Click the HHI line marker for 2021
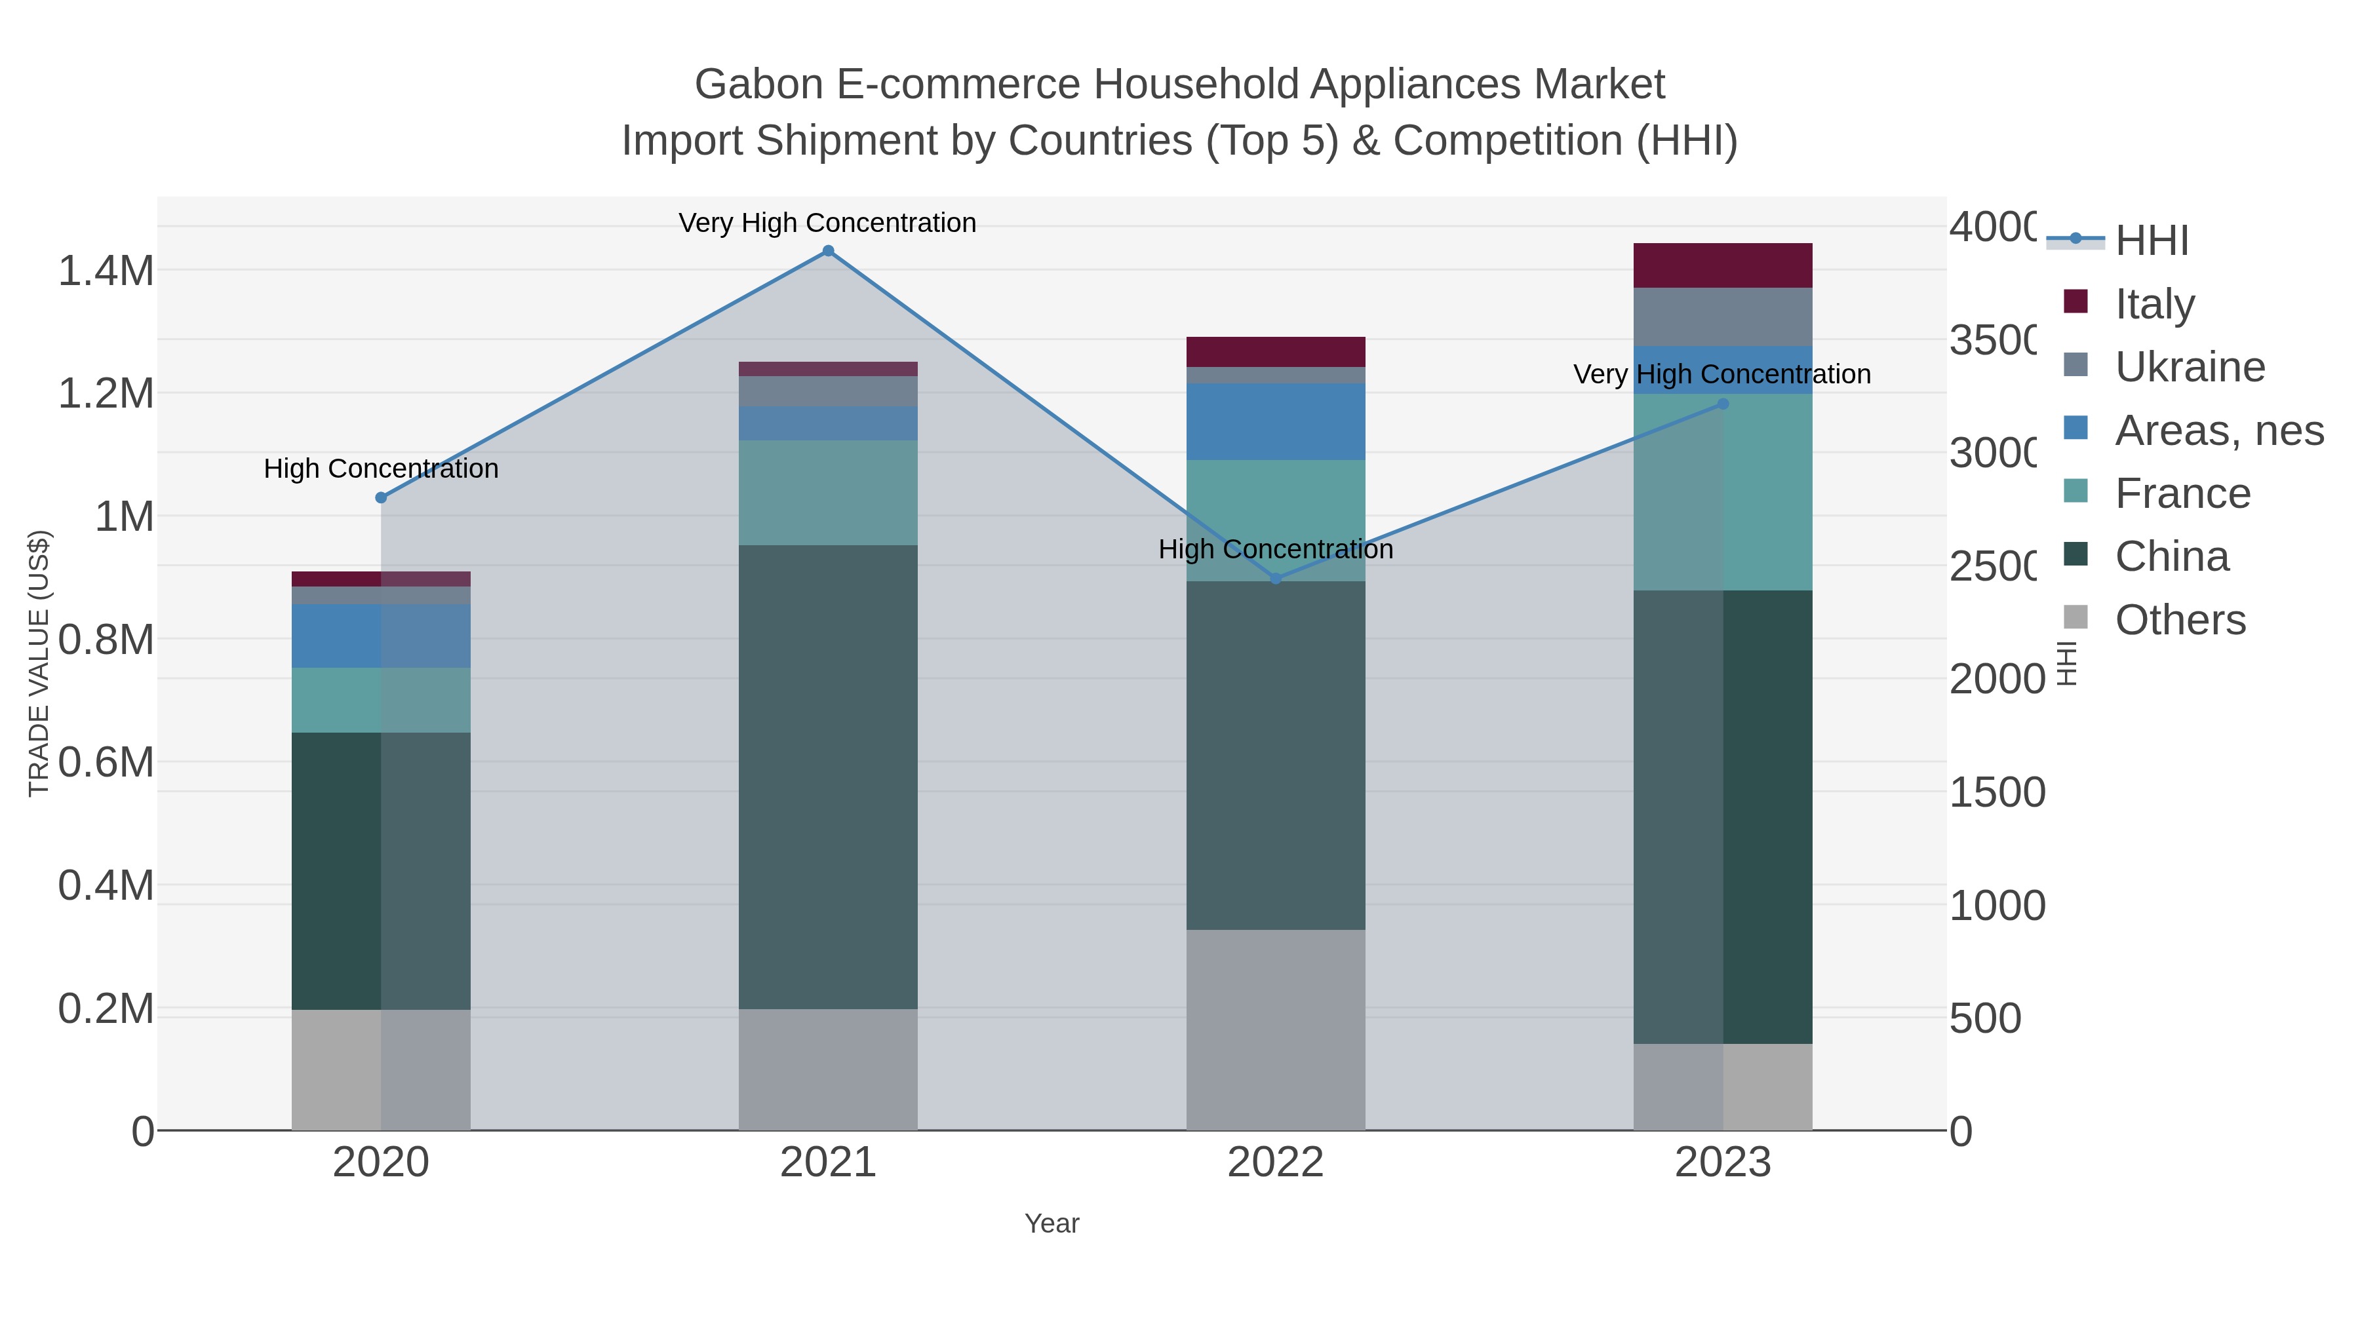(x=827, y=251)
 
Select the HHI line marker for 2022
(x=1275, y=579)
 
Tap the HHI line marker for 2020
(x=381, y=498)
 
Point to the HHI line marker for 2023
(x=1722, y=404)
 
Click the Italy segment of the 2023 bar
(x=1722, y=265)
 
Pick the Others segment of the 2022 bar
(x=1275, y=1029)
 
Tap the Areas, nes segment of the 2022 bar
(x=1275, y=421)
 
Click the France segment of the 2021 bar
(x=827, y=493)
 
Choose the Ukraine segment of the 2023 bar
(x=1722, y=317)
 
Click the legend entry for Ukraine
(x=2190, y=367)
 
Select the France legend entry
(x=2182, y=493)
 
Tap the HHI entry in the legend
(x=2151, y=241)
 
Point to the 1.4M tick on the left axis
(x=106, y=271)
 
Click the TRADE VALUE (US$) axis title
(x=39, y=663)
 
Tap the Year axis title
(x=1052, y=1223)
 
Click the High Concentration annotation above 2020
(x=381, y=469)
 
